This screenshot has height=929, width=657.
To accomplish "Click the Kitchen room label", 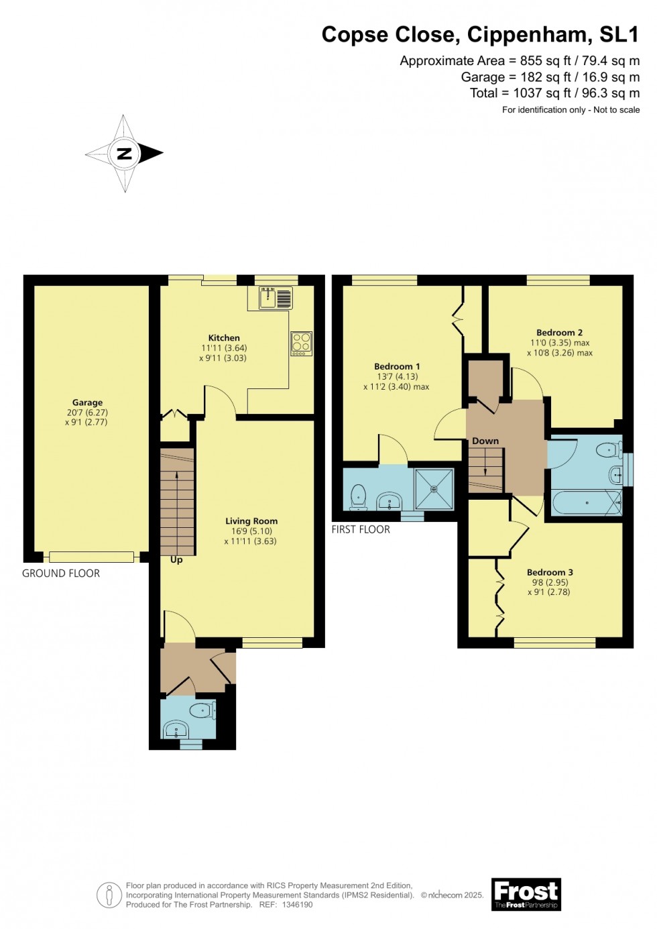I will pos(224,338).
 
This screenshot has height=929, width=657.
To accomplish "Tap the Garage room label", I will pos(87,402).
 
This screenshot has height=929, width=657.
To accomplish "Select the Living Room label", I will pos(251,521).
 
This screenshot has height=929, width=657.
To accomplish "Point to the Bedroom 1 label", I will pos(397,366).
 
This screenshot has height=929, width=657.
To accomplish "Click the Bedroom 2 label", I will pos(559,333).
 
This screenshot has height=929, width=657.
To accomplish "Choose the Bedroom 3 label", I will pos(550,572).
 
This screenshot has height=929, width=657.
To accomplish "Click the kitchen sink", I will pos(268,297).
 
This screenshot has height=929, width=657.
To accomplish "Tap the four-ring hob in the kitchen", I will pos(301,343).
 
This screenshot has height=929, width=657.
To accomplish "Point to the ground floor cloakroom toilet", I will pos(202,710).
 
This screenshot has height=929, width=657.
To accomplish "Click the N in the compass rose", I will pos(124,154).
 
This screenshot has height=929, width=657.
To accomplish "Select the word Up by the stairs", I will pos(176,559).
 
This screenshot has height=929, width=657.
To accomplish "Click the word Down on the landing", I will pos(485,441).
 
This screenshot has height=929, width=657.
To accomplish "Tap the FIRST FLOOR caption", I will pos(361,529).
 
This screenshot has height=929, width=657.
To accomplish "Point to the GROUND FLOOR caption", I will pos(61,573).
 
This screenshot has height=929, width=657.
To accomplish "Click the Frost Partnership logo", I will pos(526,894).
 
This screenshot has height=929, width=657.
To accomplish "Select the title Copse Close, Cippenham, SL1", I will pos(480,34).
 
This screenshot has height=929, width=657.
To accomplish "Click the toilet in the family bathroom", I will pos(609,449).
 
